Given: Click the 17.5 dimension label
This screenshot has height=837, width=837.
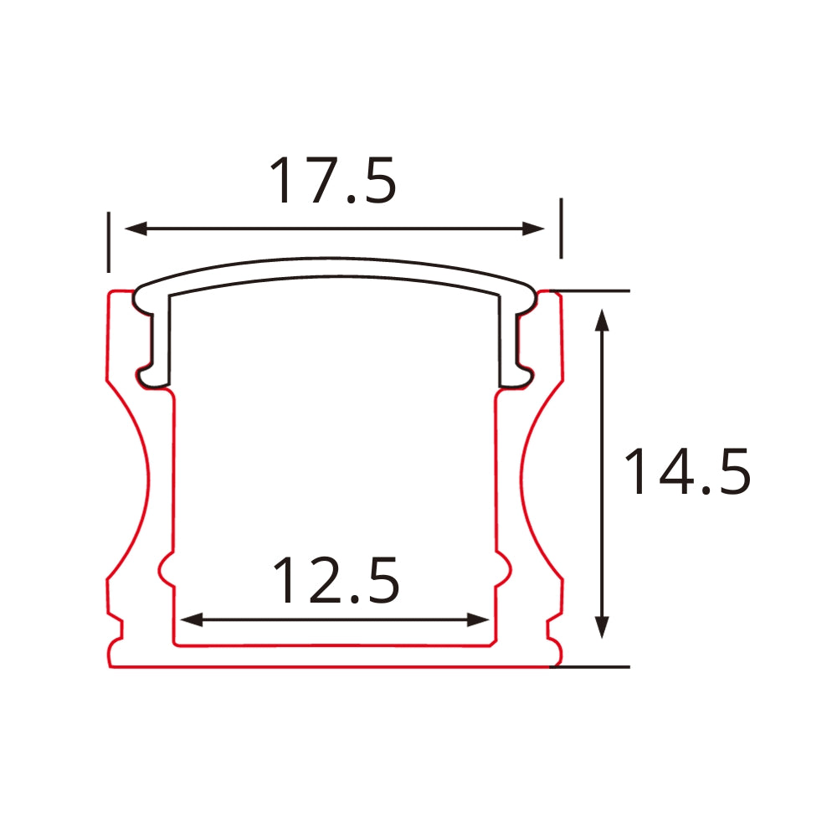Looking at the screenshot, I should [332, 181].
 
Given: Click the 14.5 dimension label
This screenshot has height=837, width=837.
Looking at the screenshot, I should [686, 472].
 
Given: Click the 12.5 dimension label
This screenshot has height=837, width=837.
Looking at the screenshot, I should [336, 581].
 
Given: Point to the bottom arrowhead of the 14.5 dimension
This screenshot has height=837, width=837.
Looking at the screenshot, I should [601, 628].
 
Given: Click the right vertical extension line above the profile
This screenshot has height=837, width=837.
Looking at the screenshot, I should [561, 228].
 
